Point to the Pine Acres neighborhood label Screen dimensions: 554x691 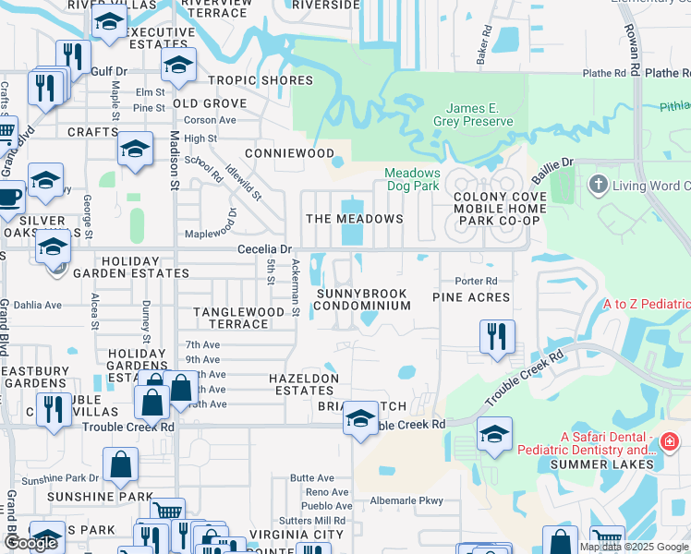click(x=471, y=297)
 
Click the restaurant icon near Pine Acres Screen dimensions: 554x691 click(x=497, y=338)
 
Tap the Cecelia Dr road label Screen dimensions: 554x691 click(x=264, y=249)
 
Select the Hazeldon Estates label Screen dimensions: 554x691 click(x=304, y=384)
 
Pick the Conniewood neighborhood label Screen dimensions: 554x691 click(x=289, y=152)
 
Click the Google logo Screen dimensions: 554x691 click(x=30, y=542)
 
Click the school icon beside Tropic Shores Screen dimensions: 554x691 click(x=178, y=66)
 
